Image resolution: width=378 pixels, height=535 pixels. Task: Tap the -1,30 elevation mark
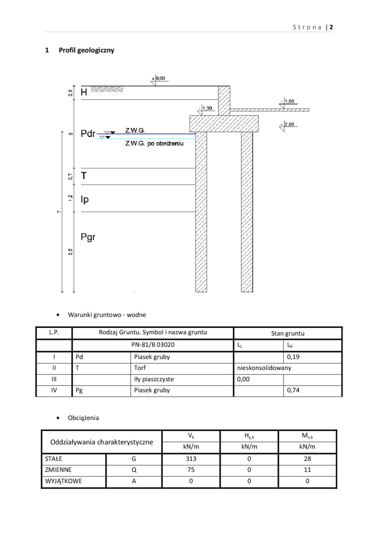click(x=205, y=108)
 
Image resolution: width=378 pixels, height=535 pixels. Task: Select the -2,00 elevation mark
click(x=288, y=124)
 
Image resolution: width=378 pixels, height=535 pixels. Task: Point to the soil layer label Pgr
click(x=88, y=237)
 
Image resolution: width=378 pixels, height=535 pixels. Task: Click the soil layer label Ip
click(x=85, y=200)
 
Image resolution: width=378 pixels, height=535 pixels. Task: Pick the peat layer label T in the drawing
click(x=84, y=176)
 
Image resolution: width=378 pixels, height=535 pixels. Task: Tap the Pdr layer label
click(x=88, y=134)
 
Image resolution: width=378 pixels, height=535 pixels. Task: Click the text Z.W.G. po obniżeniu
click(x=155, y=143)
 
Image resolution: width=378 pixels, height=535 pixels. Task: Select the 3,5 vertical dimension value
click(x=71, y=252)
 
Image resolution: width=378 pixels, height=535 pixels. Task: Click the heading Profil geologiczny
click(x=86, y=50)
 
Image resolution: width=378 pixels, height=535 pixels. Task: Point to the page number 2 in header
click(x=331, y=27)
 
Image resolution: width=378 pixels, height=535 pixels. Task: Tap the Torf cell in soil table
click(x=140, y=368)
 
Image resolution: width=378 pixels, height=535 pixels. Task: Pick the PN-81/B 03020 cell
click(x=153, y=345)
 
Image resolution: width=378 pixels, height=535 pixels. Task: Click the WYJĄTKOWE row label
click(x=63, y=481)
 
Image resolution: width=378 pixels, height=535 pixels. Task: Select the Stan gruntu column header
click(x=287, y=333)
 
